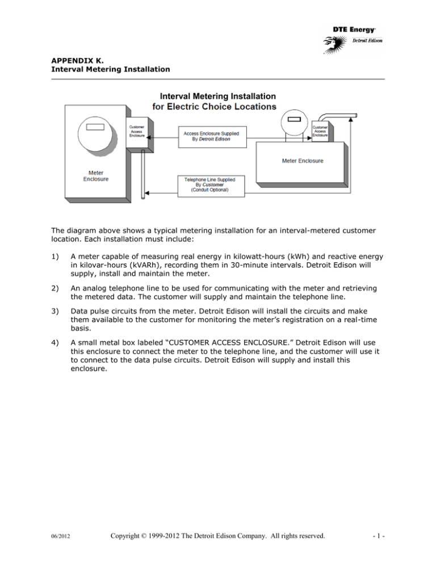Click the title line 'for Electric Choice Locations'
pyautogui.click(x=215, y=106)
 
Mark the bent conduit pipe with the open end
pyautogui.click(x=341, y=117)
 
